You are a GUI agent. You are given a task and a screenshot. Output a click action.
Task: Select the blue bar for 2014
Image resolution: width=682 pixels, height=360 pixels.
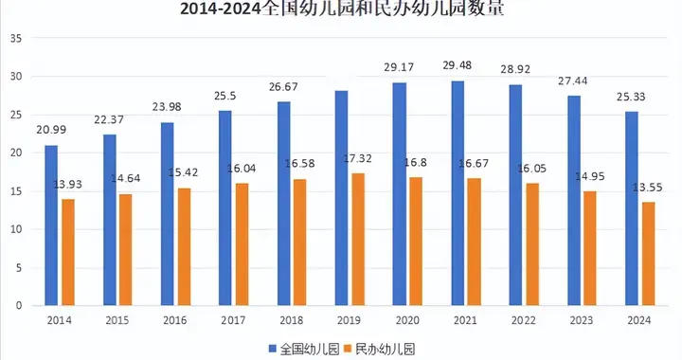[51, 225]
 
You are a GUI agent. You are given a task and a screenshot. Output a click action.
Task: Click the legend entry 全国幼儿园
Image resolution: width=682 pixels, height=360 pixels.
[310, 349]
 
